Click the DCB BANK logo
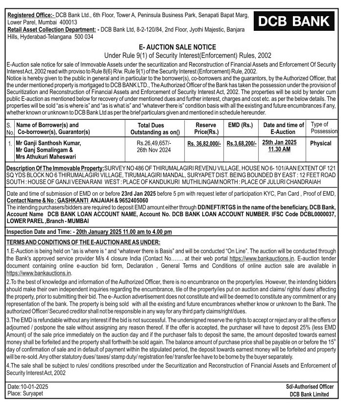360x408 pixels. tap(295, 22)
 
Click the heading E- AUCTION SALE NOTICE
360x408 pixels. tap(181, 47)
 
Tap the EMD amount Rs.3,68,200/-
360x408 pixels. tap(241, 143)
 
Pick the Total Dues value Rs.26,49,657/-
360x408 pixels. tap(154, 143)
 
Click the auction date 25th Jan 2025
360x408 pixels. tap(280, 142)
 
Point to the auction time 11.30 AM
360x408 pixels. tap(280, 149)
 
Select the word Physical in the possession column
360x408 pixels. tap(321, 143)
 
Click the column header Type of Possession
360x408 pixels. tap(323, 128)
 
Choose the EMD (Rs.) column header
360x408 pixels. tap(241, 125)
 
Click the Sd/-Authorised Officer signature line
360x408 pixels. tap(310, 387)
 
